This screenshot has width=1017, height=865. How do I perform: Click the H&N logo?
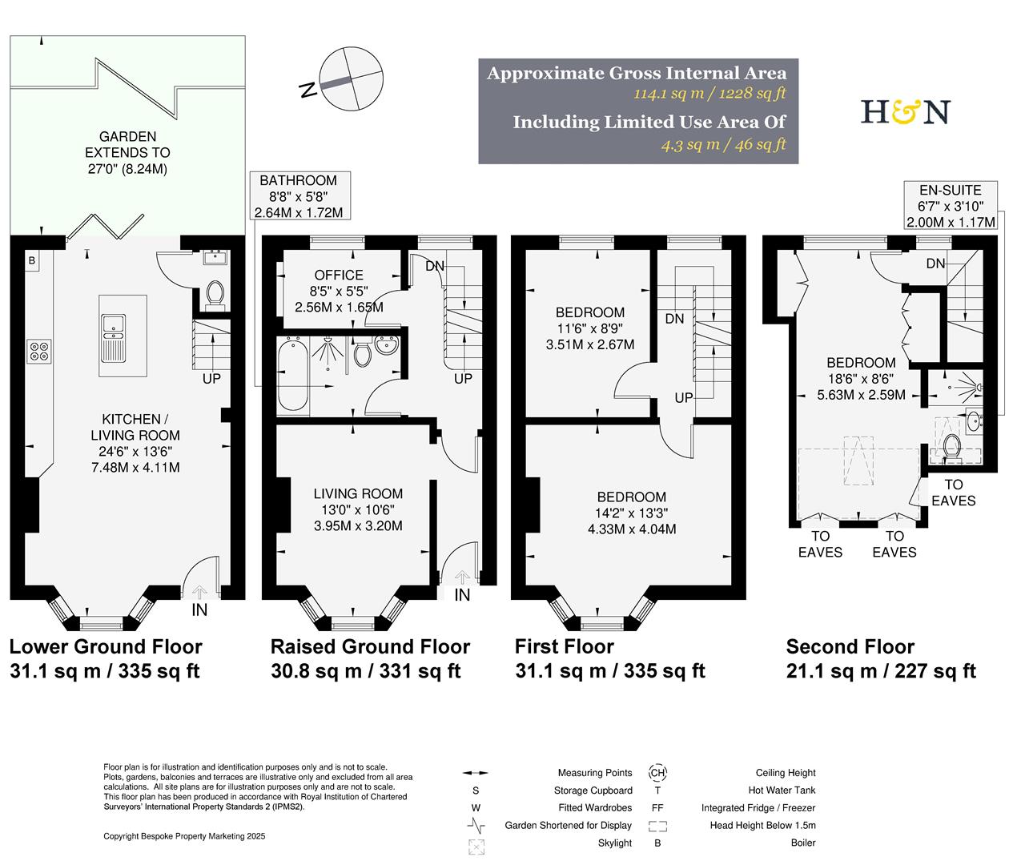[905, 111]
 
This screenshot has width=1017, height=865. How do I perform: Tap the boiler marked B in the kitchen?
[32, 261]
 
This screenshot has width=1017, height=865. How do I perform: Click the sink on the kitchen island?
[113, 324]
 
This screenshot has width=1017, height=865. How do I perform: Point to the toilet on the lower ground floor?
[215, 295]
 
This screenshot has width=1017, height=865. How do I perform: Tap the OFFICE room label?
[339, 275]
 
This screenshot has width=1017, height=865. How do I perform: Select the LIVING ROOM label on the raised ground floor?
[358, 494]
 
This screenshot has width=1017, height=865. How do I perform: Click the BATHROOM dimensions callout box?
[299, 196]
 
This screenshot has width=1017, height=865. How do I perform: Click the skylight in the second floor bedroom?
[858, 460]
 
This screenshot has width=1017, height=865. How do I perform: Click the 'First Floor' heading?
[565, 646]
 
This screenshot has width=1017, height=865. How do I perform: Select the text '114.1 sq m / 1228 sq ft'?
[709, 94]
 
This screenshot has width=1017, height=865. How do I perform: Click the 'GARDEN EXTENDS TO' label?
[127, 145]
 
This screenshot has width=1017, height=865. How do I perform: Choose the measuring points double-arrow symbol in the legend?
[476, 774]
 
